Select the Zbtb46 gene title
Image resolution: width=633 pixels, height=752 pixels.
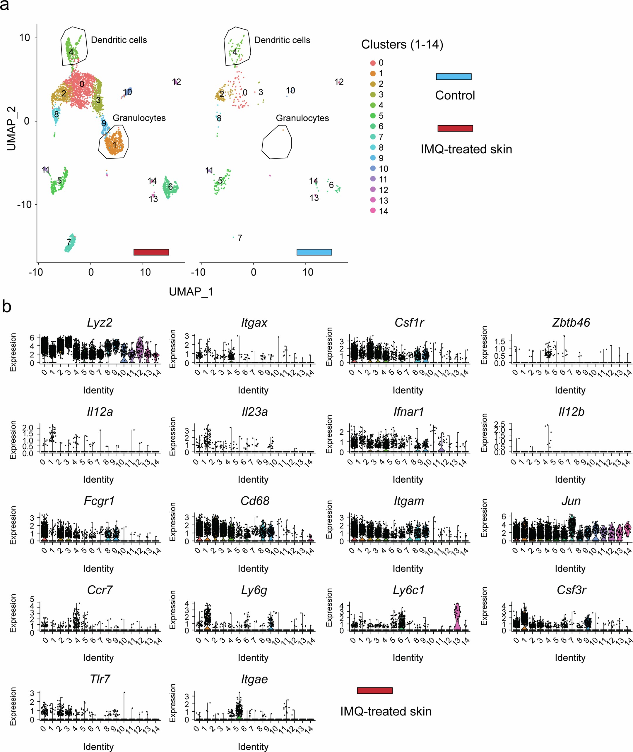tap(571, 323)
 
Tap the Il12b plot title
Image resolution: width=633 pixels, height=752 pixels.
tap(571, 412)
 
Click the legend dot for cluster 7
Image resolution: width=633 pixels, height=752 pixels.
tap(373, 137)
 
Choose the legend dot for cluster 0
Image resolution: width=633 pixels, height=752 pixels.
tap(373, 63)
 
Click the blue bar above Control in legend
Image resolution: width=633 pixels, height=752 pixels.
tap(454, 77)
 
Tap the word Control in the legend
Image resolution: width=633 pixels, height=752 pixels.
tap(455, 95)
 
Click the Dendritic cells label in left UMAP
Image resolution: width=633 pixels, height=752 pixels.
tap(119, 40)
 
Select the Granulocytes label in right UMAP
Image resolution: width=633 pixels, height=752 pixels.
tap(302, 118)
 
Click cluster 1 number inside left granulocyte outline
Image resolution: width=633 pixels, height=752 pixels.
tap(115, 145)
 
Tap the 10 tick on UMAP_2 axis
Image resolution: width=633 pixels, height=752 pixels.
tap(24, 38)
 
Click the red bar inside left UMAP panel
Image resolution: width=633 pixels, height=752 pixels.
tap(151, 252)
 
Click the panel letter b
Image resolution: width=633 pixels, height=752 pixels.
tap(6, 307)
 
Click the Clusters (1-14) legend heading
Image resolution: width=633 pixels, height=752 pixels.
tap(402, 44)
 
